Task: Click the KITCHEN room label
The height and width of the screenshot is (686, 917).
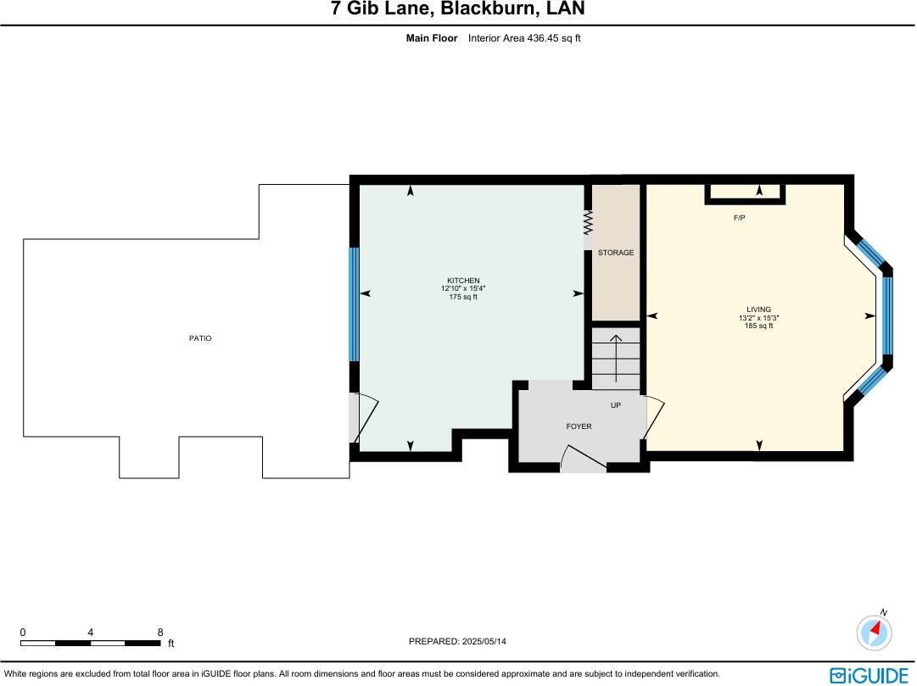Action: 463,281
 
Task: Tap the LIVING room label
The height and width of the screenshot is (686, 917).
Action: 758,310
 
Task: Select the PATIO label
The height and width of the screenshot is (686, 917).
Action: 200,338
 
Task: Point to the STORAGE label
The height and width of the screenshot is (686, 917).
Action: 616,253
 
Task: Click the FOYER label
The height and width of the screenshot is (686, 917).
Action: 579,427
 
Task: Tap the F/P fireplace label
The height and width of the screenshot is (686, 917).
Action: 739,218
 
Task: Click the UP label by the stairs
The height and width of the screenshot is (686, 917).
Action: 616,405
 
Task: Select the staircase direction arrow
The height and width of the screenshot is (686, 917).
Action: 616,356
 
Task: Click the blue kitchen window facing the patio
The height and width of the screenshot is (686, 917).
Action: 355,304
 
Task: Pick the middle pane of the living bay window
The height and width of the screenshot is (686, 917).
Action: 887,315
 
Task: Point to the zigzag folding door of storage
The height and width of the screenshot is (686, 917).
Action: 587,224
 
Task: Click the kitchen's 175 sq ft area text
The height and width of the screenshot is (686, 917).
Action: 463,297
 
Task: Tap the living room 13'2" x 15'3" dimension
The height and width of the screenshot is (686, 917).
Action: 758,318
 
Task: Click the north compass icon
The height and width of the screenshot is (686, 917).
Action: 875,632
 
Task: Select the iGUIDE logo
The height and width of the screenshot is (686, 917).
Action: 869,674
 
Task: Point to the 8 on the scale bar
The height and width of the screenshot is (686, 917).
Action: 160,632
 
